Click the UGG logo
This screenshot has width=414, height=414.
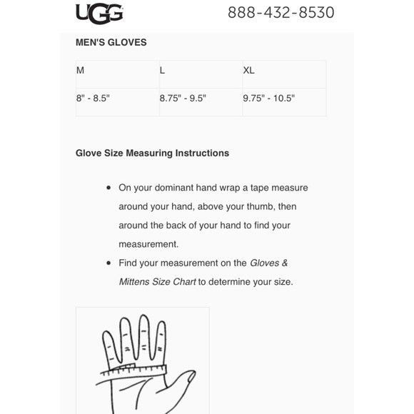[99, 12]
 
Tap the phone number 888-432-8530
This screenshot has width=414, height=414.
[281, 12]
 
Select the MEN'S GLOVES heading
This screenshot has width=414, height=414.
[111, 42]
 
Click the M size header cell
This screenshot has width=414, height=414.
[81, 71]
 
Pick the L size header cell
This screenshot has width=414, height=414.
[163, 71]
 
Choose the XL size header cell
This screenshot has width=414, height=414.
[248, 71]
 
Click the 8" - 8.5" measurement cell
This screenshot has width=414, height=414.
[93, 99]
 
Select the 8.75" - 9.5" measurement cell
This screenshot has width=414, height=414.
[183, 99]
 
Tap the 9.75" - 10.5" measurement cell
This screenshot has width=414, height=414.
[268, 99]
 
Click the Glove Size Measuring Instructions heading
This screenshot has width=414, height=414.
[152, 153]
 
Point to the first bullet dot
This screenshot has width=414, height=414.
[108, 188]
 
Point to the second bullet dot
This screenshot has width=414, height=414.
[108, 263]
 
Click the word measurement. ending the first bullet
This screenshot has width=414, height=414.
[148, 244]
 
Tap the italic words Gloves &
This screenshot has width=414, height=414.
[269, 263]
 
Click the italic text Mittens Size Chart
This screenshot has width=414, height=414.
[157, 281]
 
